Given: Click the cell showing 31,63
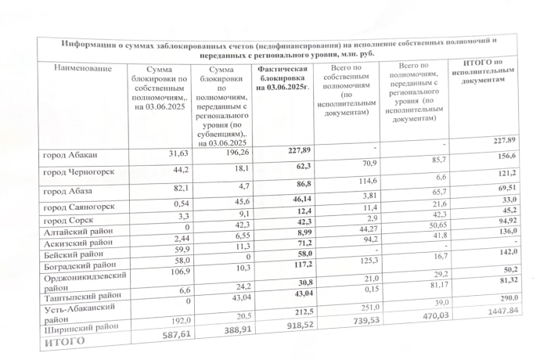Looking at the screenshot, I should pyautogui.click(x=171, y=153).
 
